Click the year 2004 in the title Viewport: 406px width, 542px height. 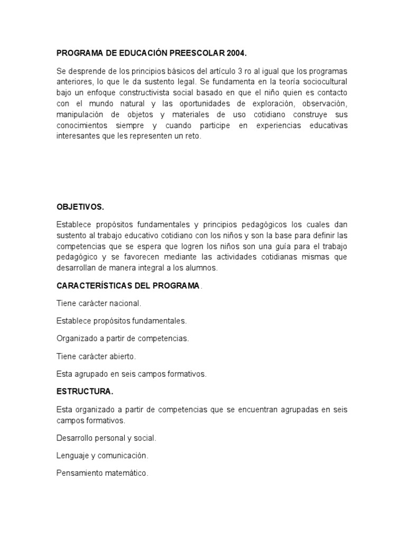(x=237, y=53)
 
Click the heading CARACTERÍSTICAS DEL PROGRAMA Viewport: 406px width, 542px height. (x=128, y=286)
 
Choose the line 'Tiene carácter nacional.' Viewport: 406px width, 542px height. (x=98, y=303)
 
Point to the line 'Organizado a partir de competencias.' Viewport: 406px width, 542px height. (x=122, y=338)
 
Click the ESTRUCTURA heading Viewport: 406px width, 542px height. (x=85, y=392)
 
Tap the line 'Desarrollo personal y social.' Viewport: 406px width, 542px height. (x=106, y=438)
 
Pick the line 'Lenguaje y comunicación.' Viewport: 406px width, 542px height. (x=102, y=456)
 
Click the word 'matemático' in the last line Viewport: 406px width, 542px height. (x=128, y=473)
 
